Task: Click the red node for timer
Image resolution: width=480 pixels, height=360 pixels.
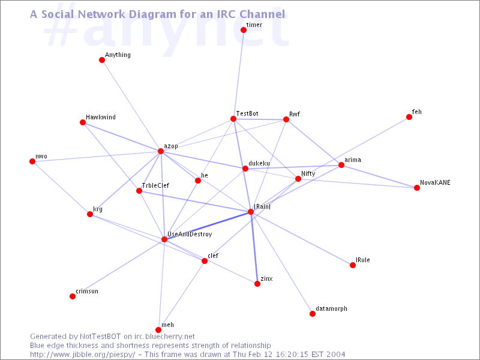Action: click(x=244, y=30)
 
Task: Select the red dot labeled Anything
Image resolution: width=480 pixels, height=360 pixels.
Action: click(x=102, y=60)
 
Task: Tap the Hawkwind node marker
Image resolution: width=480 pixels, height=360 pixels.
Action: click(x=83, y=122)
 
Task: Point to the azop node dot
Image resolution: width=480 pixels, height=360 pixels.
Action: click(x=161, y=151)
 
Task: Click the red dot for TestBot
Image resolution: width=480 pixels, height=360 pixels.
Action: click(x=233, y=119)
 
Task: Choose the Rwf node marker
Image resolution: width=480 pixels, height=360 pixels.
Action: click(x=286, y=119)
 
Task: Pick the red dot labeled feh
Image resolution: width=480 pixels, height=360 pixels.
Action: click(x=409, y=117)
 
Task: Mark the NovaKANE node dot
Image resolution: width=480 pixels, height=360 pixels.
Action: click(x=417, y=188)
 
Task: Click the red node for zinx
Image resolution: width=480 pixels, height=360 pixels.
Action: click(x=257, y=284)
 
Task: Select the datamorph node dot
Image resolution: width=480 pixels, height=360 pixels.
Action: click(x=313, y=314)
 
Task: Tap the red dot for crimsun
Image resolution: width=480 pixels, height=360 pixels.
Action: click(x=73, y=296)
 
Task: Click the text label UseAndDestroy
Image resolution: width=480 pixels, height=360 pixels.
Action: click(x=190, y=234)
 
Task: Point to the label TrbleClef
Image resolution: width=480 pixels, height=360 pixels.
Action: click(x=155, y=185)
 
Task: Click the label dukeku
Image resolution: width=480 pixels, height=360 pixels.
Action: click(x=259, y=163)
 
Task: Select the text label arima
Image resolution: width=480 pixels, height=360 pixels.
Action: click(x=353, y=160)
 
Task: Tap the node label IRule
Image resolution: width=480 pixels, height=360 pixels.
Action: click(x=362, y=260)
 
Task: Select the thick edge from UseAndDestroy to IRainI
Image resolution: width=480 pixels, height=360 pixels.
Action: click(x=208, y=226)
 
